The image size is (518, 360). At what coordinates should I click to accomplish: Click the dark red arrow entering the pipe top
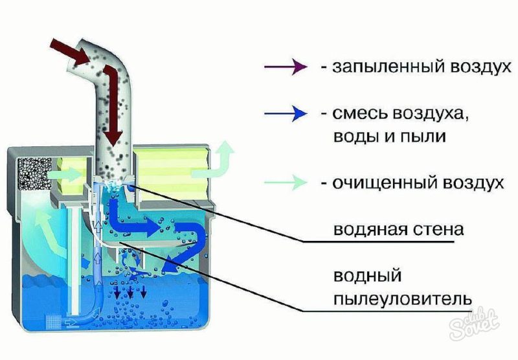[x=69, y=52]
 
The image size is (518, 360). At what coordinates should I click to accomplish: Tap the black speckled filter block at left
[x=30, y=175]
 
